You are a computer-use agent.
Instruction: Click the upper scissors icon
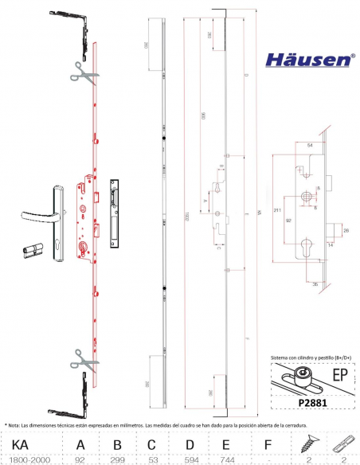click(x=82, y=72)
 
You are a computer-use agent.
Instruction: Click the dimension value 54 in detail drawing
click(x=309, y=146)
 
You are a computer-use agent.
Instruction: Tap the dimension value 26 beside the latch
click(x=346, y=231)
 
